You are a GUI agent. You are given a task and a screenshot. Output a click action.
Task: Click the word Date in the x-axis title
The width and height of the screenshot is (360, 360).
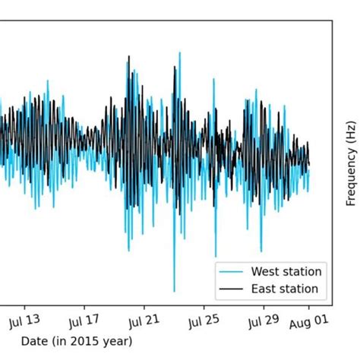33,341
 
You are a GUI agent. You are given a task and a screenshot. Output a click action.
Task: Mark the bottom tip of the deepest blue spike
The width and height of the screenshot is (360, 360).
174,292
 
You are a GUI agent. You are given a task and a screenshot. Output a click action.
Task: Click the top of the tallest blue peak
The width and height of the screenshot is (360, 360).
180,52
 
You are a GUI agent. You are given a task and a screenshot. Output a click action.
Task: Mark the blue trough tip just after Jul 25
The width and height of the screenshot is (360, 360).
215,257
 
